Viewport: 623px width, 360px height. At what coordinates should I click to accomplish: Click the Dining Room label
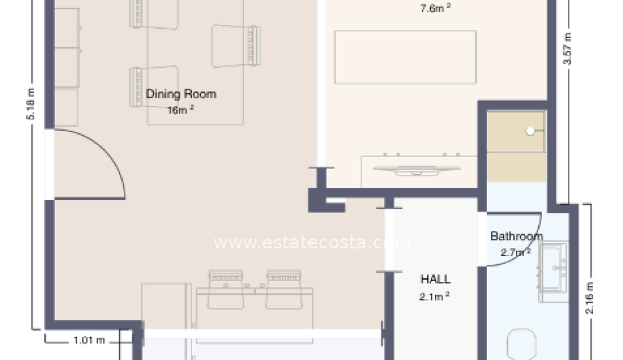181,94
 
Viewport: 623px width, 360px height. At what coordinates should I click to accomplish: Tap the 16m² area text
181,110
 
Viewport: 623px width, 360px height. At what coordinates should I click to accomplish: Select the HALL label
435,279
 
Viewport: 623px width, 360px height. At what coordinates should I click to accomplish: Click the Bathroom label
516,236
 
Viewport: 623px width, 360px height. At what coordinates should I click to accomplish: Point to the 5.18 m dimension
30,104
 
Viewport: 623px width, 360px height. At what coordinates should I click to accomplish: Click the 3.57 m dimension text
568,49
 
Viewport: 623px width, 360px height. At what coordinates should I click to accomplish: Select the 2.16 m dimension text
589,298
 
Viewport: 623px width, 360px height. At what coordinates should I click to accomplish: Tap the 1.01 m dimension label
89,341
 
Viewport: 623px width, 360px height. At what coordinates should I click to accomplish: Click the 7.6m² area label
435,8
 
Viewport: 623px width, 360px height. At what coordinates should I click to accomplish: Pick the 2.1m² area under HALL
434,296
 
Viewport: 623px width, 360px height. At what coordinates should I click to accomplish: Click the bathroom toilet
521,344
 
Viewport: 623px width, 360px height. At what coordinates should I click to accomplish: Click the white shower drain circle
530,131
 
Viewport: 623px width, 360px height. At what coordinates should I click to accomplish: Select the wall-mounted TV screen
417,170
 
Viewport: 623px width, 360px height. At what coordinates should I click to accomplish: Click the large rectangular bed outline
406,57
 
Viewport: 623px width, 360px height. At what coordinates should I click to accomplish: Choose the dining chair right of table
236,45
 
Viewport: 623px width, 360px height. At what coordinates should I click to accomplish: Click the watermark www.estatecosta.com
312,243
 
